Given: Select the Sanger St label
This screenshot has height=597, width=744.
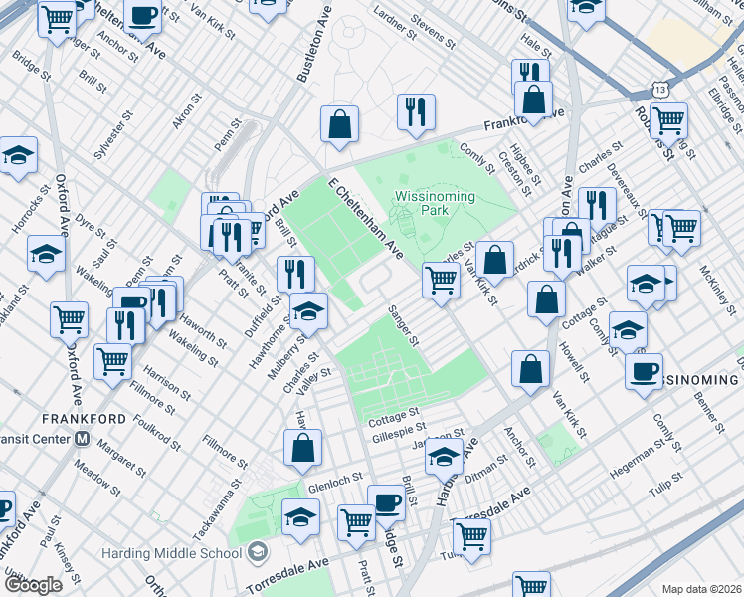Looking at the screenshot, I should point(404,325).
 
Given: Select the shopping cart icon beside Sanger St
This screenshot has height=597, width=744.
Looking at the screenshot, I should point(441,280).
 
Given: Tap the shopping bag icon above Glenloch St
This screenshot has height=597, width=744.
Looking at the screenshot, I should point(303,448).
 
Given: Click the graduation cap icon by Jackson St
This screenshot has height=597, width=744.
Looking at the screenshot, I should point(444,458).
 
